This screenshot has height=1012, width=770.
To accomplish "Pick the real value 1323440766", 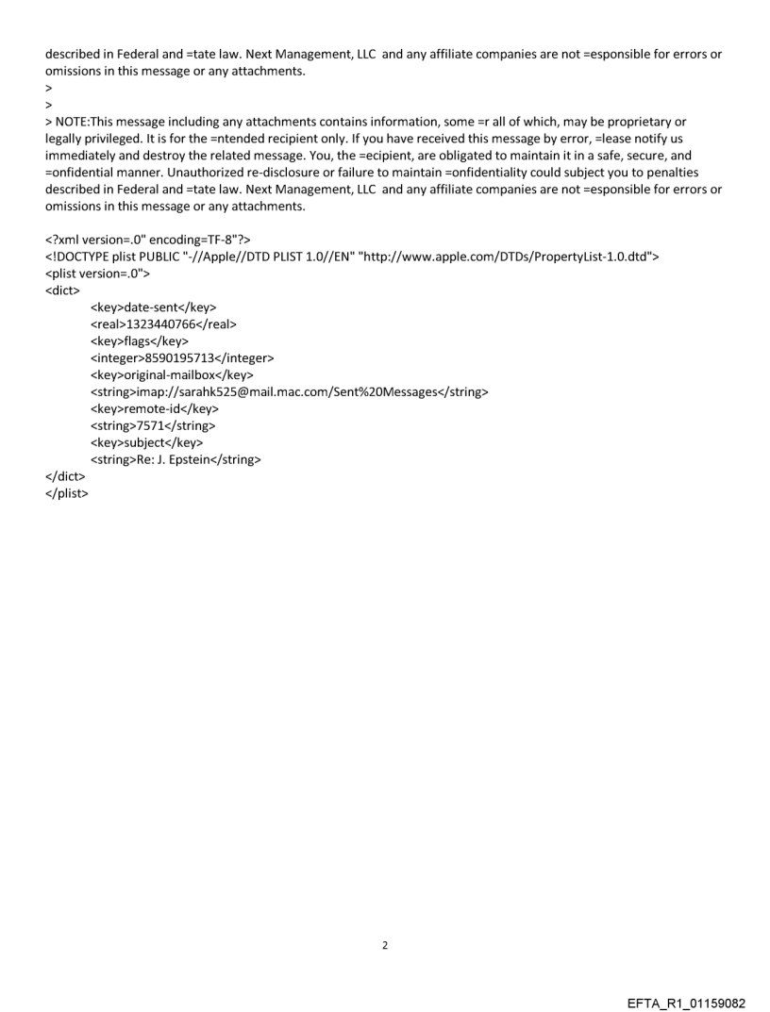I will [161, 324].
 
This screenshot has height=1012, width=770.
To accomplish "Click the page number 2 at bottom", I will [385, 945].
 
